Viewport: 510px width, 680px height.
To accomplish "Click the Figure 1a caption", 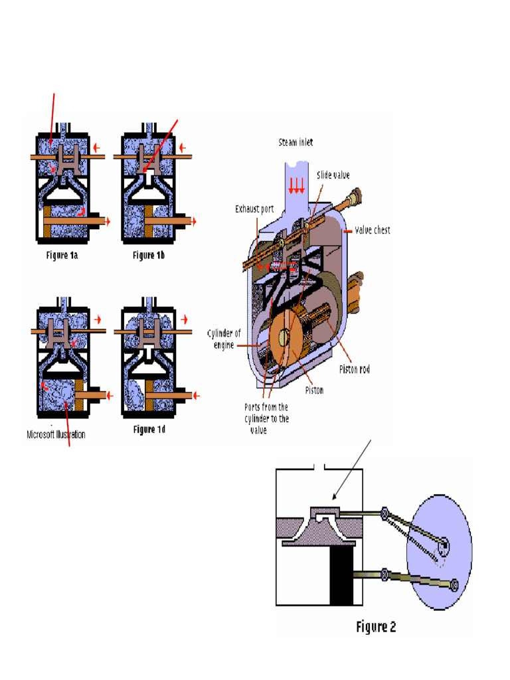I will click(68, 255).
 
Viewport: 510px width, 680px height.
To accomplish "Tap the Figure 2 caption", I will click(376, 626).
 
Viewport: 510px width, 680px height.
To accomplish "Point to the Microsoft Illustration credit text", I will click(56, 435).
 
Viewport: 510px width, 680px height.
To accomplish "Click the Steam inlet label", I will click(296, 142).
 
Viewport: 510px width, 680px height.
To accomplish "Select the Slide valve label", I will click(334, 175).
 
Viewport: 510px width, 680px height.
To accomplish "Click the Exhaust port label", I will click(254, 209).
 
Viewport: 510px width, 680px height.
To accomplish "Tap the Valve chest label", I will click(371, 230).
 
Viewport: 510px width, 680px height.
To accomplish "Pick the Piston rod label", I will click(355, 369).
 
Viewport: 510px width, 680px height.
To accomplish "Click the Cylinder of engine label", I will click(223, 339).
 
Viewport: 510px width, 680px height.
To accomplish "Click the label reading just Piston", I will click(314, 390).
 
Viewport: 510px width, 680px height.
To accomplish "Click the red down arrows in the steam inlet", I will click(296, 186).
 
